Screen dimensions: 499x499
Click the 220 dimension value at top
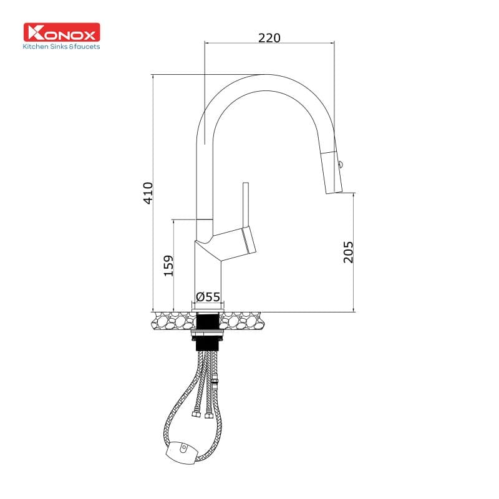click(269, 37)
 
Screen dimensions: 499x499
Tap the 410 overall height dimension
click(148, 193)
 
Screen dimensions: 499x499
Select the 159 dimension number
click(168, 265)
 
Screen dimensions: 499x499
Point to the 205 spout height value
click(349, 251)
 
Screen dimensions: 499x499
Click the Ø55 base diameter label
click(208, 297)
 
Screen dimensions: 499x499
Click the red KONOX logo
click(62, 32)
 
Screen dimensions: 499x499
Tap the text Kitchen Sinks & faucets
click(61, 46)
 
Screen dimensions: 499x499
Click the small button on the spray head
click(340, 165)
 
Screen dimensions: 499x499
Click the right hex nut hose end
click(208, 415)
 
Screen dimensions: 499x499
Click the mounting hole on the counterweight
click(184, 447)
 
